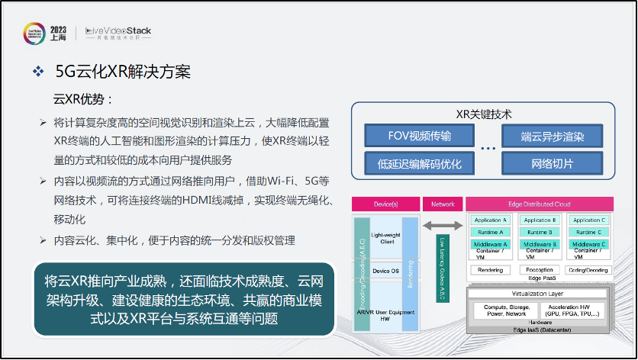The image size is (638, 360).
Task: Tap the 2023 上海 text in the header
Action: click(58, 32)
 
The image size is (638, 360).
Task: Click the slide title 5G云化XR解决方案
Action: click(123, 72)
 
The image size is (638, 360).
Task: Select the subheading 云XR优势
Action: click(82, 99)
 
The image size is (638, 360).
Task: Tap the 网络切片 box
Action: click(552, 163)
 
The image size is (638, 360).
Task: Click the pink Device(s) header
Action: click(385, 204)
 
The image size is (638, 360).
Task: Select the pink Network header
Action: click(443, 204)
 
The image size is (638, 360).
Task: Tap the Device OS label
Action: click(385, 271)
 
